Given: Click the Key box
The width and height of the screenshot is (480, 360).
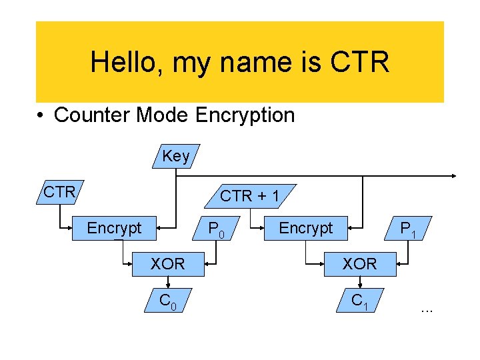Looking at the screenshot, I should [176, 156].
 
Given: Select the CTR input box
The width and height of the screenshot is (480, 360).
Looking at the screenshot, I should [59, 193].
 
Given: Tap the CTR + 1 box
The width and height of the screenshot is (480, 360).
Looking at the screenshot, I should [250, 195].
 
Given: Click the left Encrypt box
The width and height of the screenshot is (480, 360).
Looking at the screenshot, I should [115, 228].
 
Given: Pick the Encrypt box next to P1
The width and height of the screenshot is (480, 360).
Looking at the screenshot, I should [305, 228].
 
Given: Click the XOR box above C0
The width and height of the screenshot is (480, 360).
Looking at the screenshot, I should [167, 264].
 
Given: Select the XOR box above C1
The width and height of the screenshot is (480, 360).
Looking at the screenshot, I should [359, 264].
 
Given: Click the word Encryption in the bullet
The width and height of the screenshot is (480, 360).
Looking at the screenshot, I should [245, 115].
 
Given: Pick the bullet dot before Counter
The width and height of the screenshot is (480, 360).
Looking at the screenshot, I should [41, 115].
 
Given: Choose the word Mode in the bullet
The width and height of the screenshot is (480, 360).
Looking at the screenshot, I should [163, 115].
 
